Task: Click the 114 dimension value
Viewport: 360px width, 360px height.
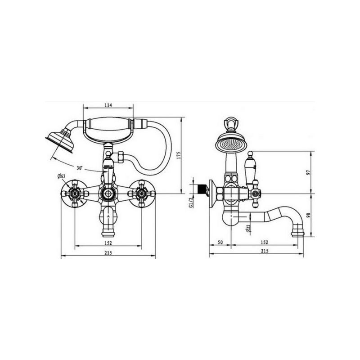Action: [108, 105]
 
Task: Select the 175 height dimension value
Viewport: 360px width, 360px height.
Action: [179, 155]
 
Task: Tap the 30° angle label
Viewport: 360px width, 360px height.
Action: [80, 168]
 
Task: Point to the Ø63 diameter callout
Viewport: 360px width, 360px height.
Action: [61, 176]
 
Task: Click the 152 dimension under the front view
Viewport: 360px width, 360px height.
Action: [108, 243]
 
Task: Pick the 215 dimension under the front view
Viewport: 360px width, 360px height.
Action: [108, 253]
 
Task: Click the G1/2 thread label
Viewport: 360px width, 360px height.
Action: [191, 202]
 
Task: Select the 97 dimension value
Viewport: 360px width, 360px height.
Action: [308, 172]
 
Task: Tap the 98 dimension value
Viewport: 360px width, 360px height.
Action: [308, 215]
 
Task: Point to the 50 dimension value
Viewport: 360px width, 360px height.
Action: [220, 242]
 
